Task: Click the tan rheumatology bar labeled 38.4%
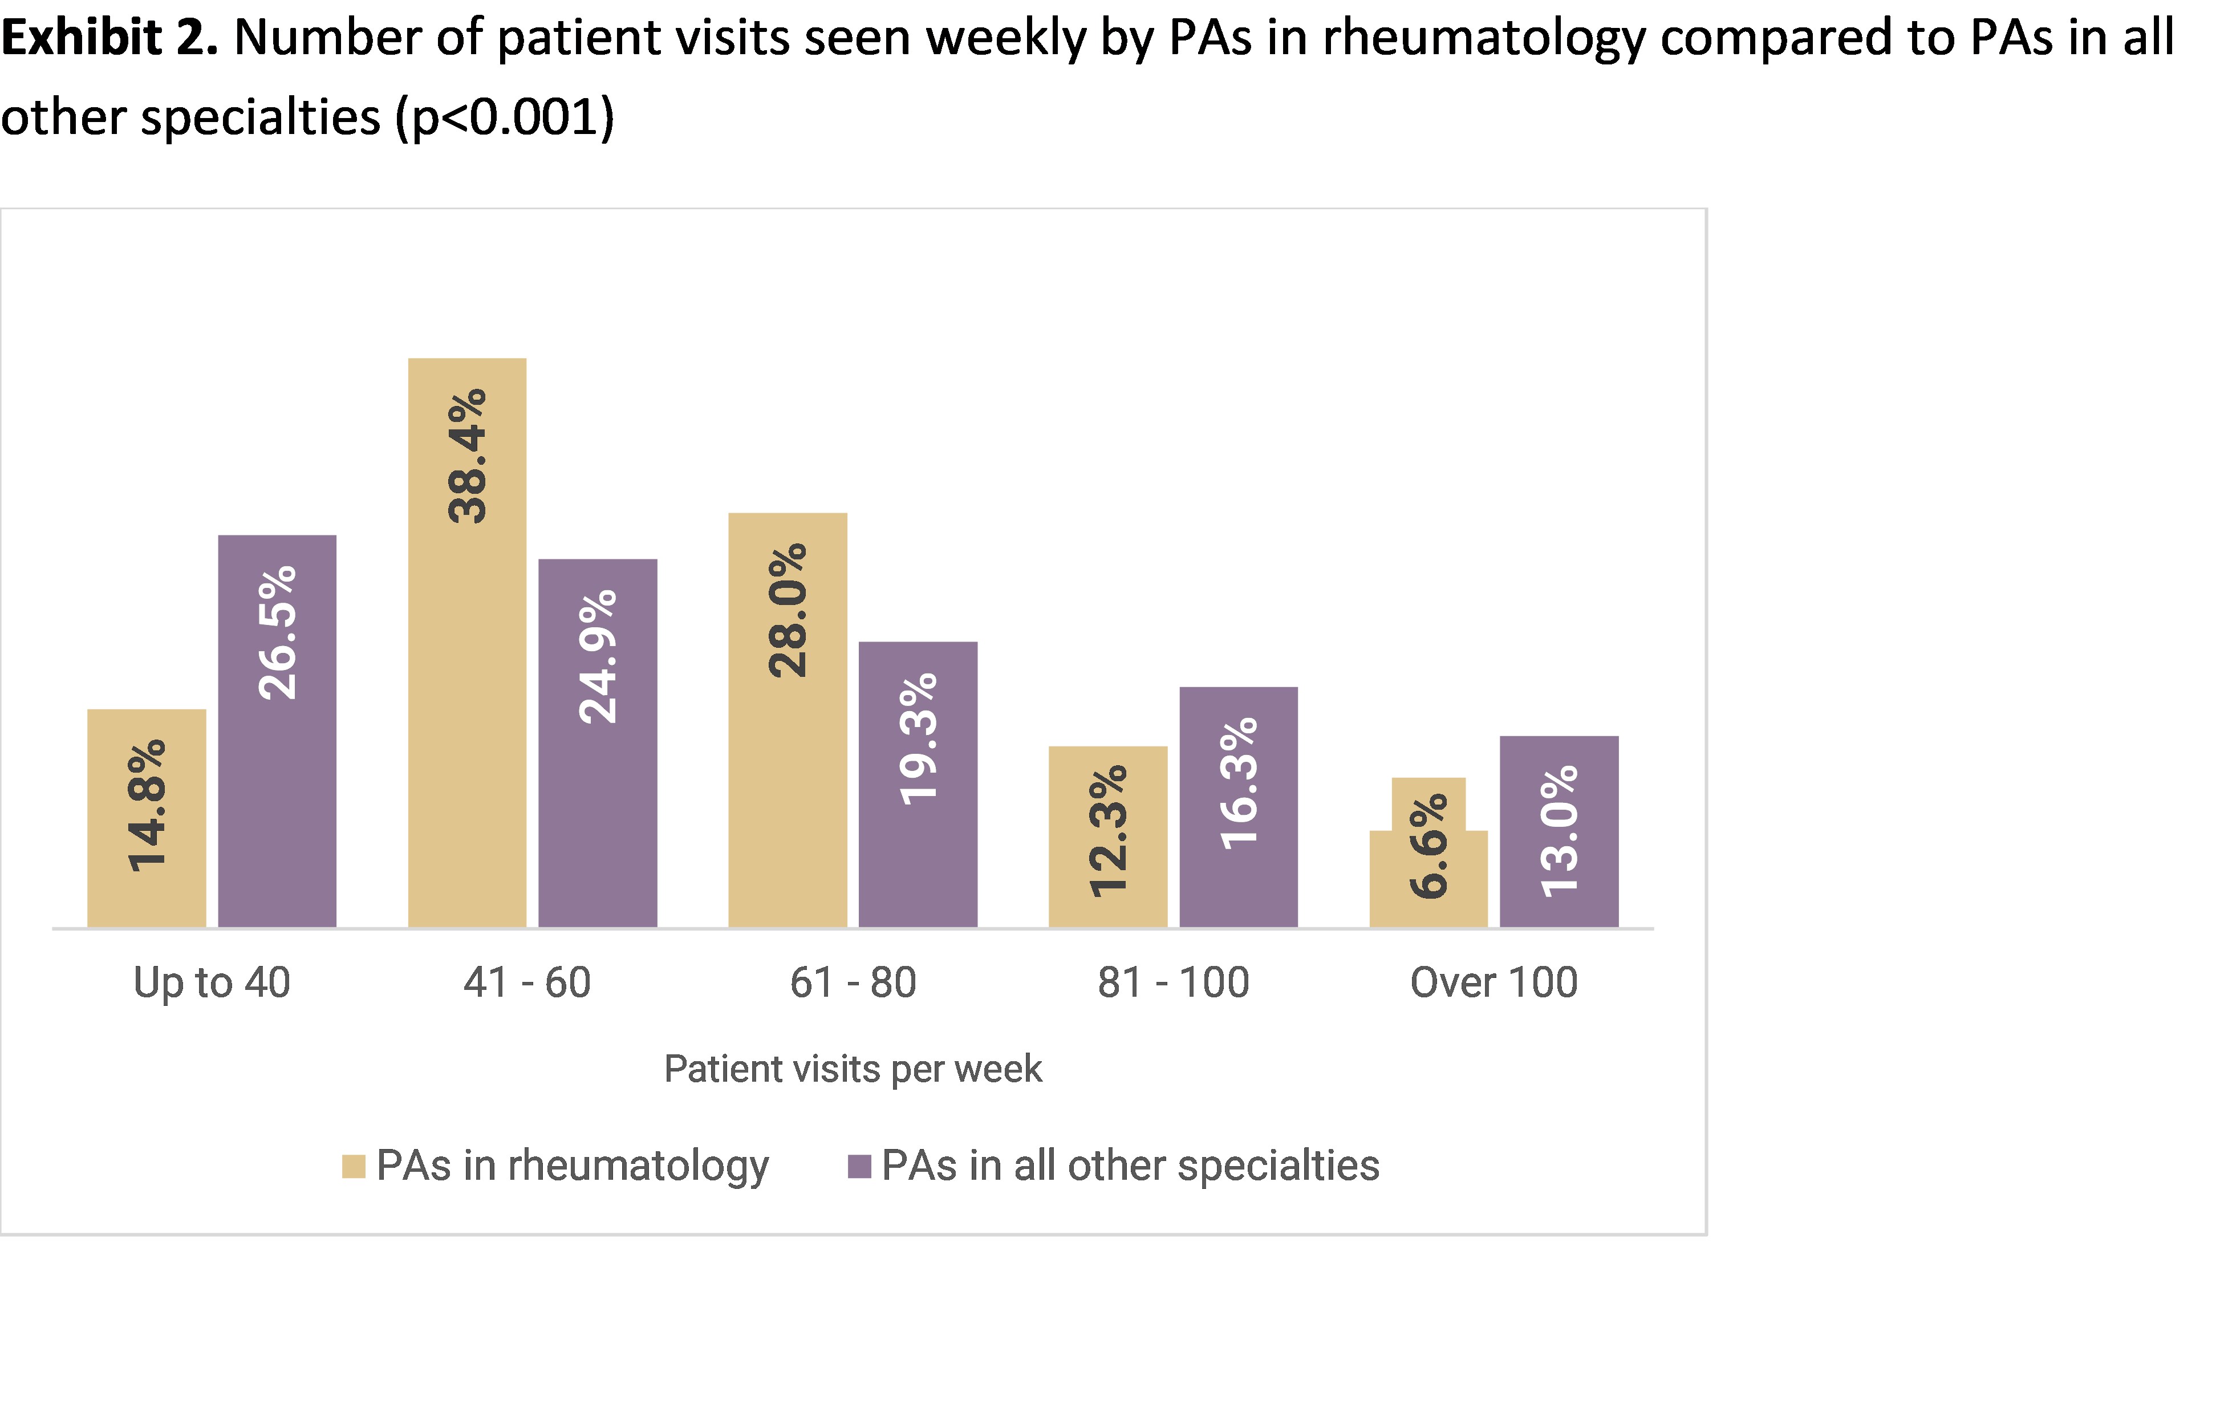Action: [468, 646]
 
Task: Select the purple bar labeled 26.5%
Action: [277, 738]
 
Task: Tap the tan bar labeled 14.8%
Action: [147, 822]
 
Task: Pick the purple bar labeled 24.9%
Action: [598, 748]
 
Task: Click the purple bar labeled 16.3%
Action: [1239, 813]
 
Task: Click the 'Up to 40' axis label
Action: [213, 983]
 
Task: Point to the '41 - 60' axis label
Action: [527, 983]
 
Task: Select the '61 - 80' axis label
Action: [854, 983]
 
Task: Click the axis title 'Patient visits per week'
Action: [854, 1069]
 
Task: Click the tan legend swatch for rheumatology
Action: [354, 1166]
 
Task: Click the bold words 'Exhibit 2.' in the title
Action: [109, 39]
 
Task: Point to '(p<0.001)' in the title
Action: [505, 118]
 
